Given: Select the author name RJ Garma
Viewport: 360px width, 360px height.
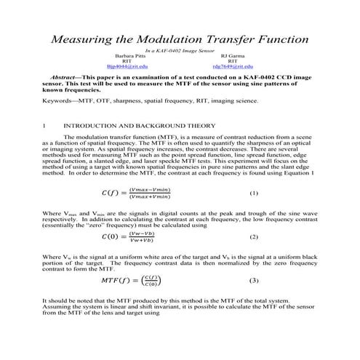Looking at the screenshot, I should click(232, 55).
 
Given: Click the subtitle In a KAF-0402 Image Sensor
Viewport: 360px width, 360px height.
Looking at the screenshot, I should click(180, 50).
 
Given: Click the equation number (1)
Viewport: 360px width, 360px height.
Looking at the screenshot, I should click(253, 194).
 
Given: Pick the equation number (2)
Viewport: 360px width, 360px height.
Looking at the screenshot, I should click(253, 237).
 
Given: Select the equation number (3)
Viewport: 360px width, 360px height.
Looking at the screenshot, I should click(253, 280).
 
